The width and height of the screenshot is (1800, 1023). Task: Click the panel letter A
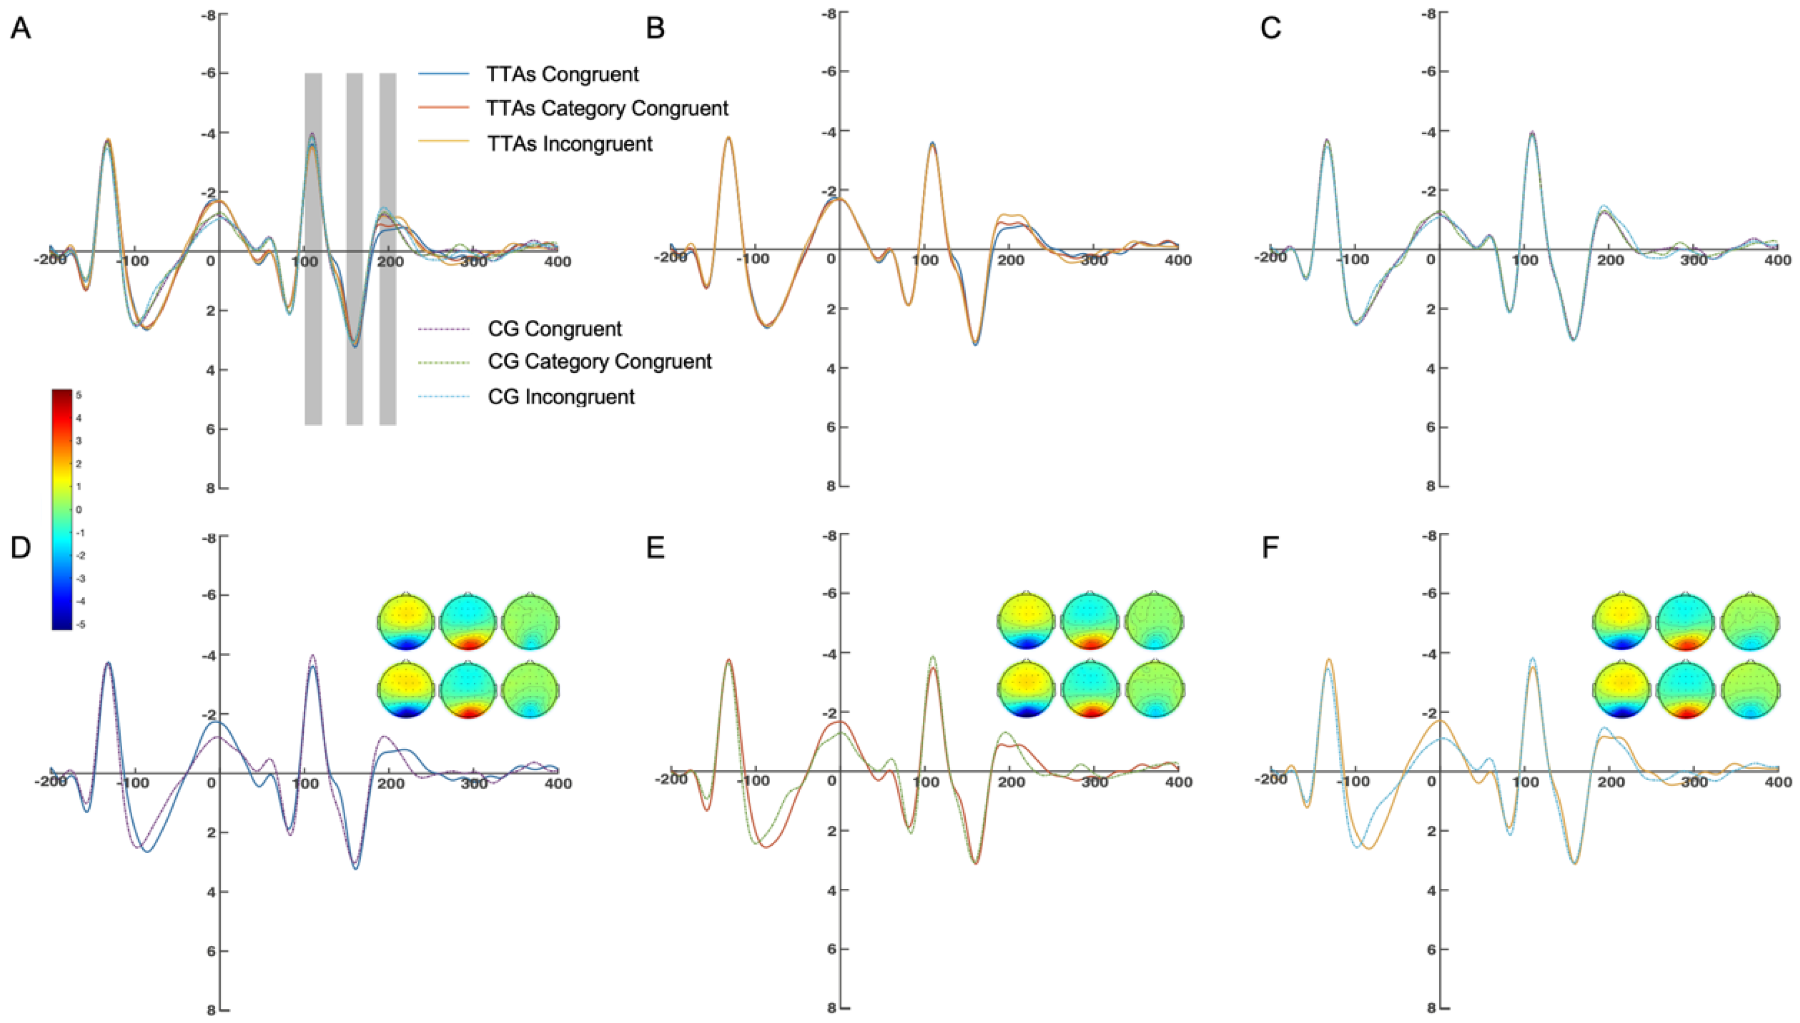[20, 29]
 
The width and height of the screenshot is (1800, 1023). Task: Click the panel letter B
[655, 29]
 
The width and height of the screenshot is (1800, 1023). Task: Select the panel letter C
[1271, 29]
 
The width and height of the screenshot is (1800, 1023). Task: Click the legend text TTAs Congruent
[562, 74]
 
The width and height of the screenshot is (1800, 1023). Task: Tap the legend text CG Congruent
[555, 328]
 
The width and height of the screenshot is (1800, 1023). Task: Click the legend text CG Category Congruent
[600, 361]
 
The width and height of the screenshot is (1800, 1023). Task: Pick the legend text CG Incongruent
[561, 396]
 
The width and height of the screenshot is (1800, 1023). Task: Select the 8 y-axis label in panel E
[832, 1009]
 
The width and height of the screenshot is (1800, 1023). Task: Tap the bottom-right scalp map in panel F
[1749, 691]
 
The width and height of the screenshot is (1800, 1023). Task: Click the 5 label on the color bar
[79, 395]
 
